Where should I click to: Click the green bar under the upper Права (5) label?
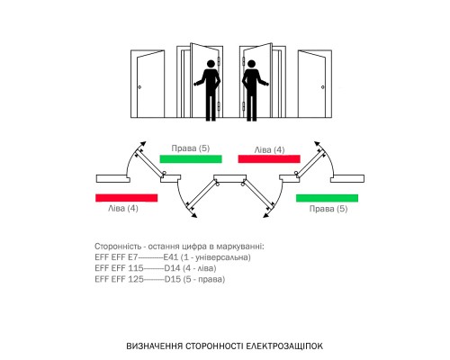click(x=191, y=159)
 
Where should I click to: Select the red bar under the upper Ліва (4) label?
click(x=269, y=159)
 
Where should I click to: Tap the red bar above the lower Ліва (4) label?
click(x=127, y=198)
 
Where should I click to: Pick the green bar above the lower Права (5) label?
click(x=327, y=198)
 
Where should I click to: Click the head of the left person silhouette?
click(x=211, y=64)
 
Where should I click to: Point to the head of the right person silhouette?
click(x=251, y=64)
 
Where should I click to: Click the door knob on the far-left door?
click(x=139, y=87)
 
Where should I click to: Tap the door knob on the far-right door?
click(x=323, y=87)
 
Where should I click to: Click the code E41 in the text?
click(x=171, y=257)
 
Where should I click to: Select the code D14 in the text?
click(x=172, y=268)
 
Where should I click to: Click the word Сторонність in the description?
click(x=118, y=247)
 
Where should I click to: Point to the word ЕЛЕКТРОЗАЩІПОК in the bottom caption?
click(x=284, y=346)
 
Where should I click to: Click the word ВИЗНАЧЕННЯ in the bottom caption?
click(x=154, y=346)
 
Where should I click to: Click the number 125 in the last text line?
click(x=136, y=279)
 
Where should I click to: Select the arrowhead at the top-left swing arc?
click(x=143, y=143)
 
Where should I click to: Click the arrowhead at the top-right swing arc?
click(x=317, y=143)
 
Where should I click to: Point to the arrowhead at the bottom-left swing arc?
click(x=194, y=215)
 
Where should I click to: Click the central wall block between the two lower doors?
click(x=230, y=177)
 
